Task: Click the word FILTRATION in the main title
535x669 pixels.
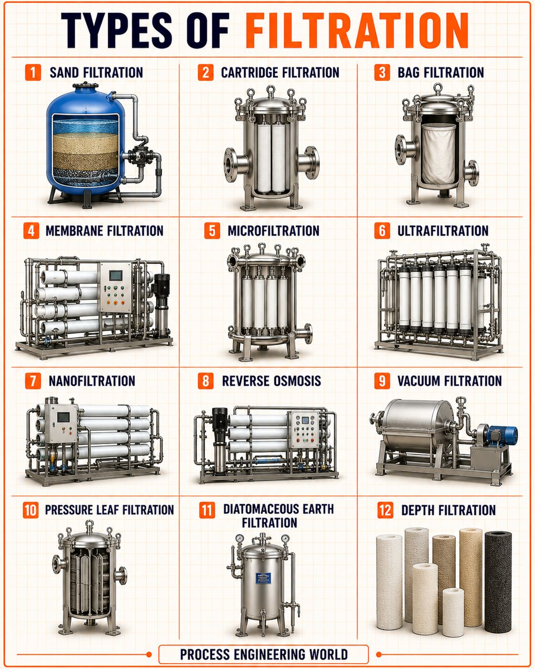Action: [x=357, y=30]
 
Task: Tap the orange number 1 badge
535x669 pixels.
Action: [x=33, y=73]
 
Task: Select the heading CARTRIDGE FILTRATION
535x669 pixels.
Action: [x=280, y=73]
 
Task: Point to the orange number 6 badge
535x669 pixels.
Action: [x=382, y=230]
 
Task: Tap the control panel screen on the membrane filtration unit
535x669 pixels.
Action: [x=115, y=275]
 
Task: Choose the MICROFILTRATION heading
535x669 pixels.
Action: [x=273, y=230]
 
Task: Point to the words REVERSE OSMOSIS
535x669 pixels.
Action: [x=271, y=381]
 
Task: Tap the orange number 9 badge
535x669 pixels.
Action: [x=382, y=381]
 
